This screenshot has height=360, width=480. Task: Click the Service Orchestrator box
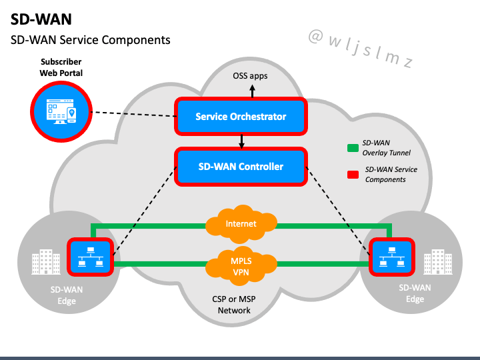click(241, 116)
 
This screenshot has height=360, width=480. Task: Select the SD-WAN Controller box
click(241, 167)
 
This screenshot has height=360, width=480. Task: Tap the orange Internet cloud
click(241, 224)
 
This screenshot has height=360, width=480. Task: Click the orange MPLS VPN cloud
click(241, 266)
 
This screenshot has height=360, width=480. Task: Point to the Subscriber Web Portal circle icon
click(61, 111)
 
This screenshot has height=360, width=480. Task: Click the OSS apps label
click(250, 76)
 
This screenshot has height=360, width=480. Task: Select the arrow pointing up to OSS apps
click(252, 91)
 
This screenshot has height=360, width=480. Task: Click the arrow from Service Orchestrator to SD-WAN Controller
click(241, 141)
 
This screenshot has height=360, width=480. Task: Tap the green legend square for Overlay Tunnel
click(353, 148)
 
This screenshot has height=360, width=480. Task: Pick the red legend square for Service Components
click(353, 175)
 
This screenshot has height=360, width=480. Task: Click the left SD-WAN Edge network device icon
click(90, 257)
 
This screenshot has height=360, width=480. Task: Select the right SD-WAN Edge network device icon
click(392, 257)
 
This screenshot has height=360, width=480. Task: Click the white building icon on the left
click(46, 262)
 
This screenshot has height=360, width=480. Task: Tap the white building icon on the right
click(438, 262)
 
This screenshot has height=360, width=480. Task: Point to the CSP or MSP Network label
click(234, 305)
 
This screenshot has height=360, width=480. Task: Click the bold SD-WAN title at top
click(41, 19)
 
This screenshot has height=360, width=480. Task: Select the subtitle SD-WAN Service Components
click(90, 40)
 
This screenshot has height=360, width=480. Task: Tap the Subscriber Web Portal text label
click(61, 67)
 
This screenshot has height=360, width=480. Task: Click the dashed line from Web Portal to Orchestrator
click(133, 114)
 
